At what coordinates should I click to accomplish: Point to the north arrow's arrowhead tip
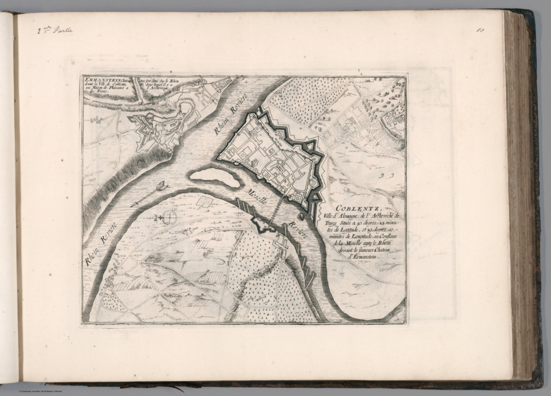click(x=131, y=205)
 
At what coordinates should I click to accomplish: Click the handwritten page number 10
click(x=480, y=30)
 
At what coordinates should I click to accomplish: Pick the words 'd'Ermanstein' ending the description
click(x=358, y=257)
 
